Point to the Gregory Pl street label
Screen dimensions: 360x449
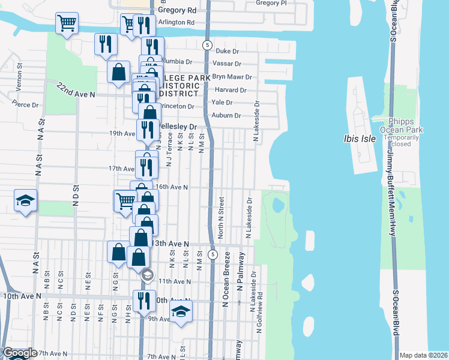pyautogui.click(x=268, y=3)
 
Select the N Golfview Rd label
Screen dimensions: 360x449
pyautogui.click(x=259, y=324)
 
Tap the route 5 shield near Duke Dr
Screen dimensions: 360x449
pyautogui.click(x=206, y=45)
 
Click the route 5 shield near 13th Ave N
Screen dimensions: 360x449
pyautogui.click(x=212, y=255)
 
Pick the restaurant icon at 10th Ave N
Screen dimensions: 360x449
pyautogui.click(x=143, y=299)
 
